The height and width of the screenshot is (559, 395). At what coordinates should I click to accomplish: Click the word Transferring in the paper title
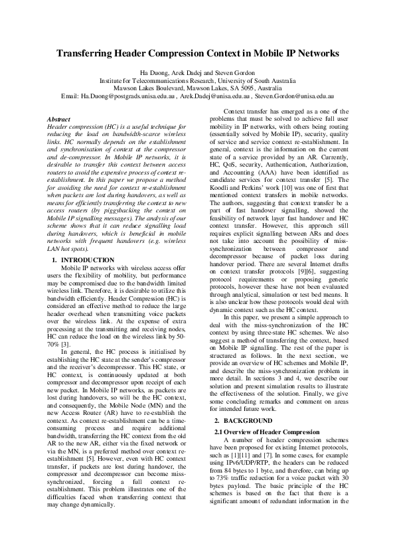click(89, 54)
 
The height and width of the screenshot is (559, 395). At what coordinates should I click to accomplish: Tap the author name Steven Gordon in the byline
click(234, 72)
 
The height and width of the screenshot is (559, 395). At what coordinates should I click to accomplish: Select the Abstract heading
click(60, 119)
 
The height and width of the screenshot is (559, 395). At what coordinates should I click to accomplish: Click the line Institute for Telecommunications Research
click(197, 80)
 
